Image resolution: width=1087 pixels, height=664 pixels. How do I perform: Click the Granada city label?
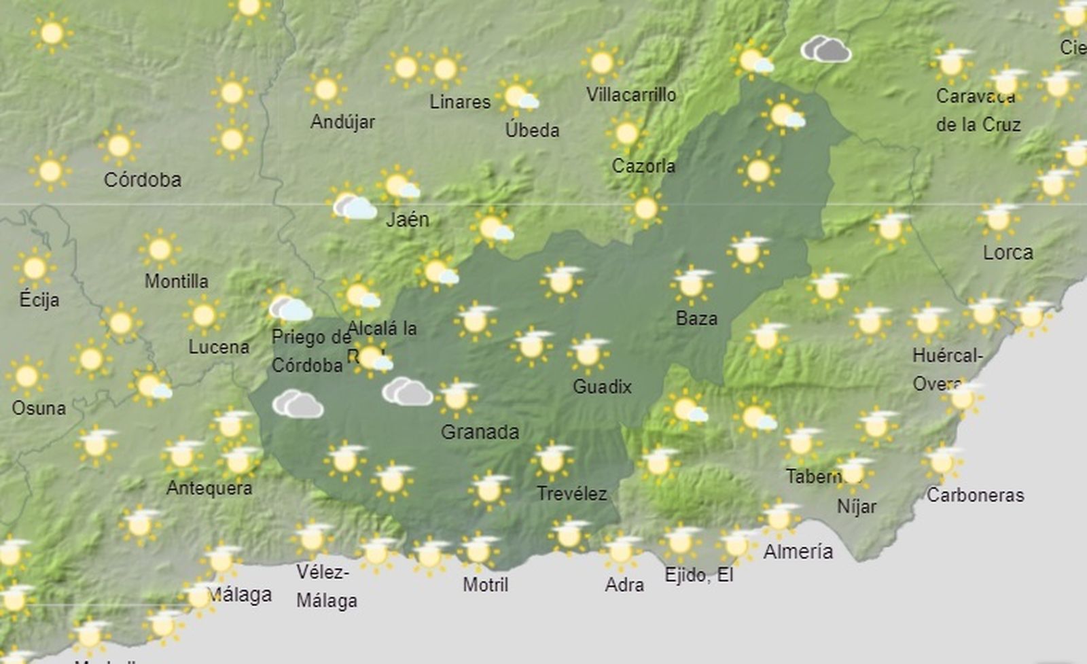click(x=480, y=432)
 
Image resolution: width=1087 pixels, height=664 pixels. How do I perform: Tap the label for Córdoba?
click(x=142, y=180)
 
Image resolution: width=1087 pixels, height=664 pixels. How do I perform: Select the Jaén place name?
click(x=408, y=220)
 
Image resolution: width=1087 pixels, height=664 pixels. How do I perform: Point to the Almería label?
click(x=798, y=551)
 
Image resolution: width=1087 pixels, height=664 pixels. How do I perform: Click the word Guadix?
click(x=602, y=387)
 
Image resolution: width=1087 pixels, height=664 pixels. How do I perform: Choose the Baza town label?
click(x=696, y=318)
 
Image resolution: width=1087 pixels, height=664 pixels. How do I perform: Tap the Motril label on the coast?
click(x=485, y=584)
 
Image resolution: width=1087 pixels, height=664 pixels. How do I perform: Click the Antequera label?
click(x=209, y=488)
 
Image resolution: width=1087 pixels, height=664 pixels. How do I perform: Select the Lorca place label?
click(x=1008, y=253)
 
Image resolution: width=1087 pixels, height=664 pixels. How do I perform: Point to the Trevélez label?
click(x=571, y=493)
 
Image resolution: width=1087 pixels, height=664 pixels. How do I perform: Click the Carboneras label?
click(x=975, y=495)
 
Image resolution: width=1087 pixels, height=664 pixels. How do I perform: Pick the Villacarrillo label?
click(x=631, y=94)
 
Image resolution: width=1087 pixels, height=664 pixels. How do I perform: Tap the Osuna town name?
click(x=39, y=408)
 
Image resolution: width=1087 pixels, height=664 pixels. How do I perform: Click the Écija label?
click(x=39, y=300)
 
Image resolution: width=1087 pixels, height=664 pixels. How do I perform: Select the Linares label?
click(x=460, y=102)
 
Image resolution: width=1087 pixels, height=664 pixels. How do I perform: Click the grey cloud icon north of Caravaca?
click(x=825, y=50)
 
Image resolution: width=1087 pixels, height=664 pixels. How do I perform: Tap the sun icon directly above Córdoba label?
click(x=119, y=145)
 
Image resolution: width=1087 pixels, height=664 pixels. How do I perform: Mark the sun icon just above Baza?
click(x=692, y=284)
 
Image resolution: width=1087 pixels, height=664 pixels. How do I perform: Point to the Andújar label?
click(x=342, y=122)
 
